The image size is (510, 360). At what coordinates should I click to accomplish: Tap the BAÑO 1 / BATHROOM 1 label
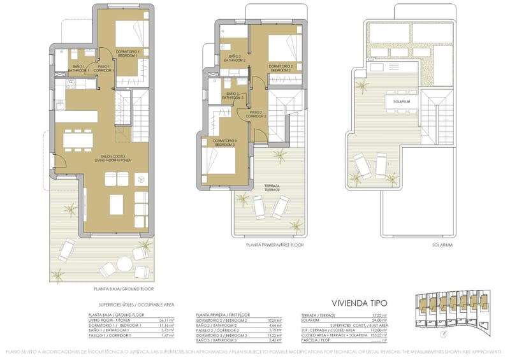(x=78, y=68)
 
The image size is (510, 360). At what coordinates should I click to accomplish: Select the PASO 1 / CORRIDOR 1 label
(x=105, y=68)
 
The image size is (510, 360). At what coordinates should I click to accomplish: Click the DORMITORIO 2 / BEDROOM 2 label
(x=280, y=67)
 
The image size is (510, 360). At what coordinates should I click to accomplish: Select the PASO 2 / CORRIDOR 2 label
(x=256, y=115)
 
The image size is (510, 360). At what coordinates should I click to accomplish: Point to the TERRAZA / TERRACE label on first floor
(x=272, y=188)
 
